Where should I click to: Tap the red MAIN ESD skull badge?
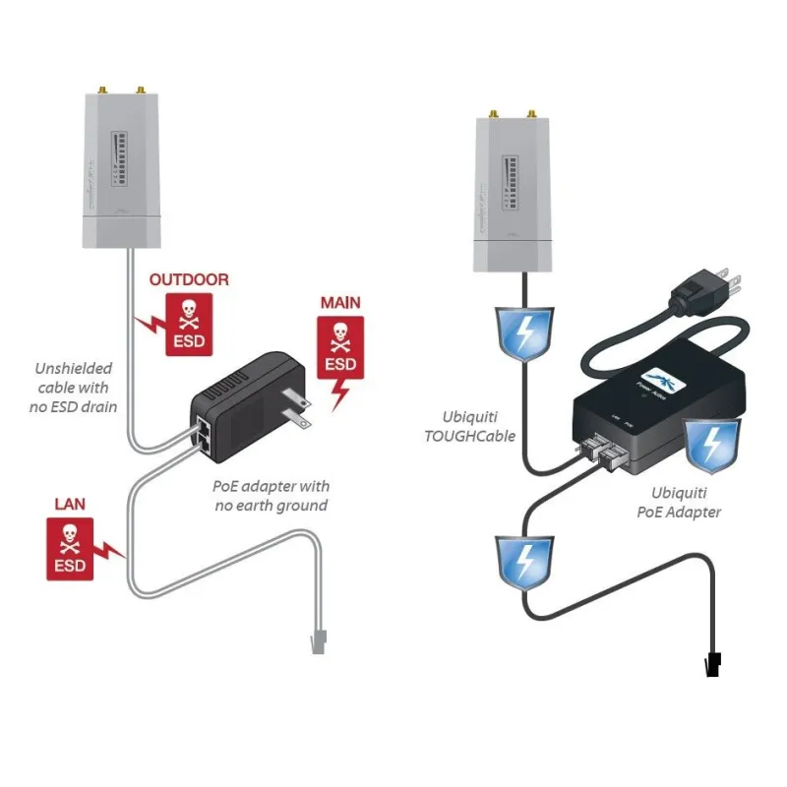[x=340, y=350]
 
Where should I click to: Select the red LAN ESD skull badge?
[x=69, y=547]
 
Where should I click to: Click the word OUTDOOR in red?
[x=189, y=280]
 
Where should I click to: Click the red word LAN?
[x=70, y=504]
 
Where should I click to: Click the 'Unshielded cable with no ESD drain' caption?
[x=74, y=387]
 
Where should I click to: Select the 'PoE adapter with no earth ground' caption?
[x=272, y=496]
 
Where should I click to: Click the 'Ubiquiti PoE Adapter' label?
[x=687, y=502]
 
